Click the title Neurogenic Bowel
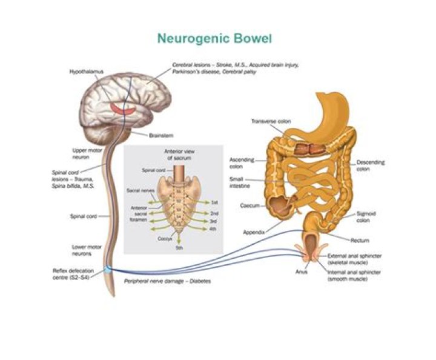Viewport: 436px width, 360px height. pyautogui.click(x=215, y=39)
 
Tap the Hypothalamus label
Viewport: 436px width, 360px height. pyautogui.click(x=85, y=72)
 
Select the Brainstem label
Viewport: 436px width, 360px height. pyautogui.click(x=160, y=135)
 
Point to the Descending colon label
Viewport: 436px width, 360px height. pyautogui.click(x=371, y=165)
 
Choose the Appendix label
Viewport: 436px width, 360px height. pyautogui.click(x=254, y=232)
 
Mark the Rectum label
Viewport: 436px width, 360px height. pyautogui.click(x=358, y=241)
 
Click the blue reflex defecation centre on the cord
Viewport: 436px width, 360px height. pyautogui.click(x=107, y=268)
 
